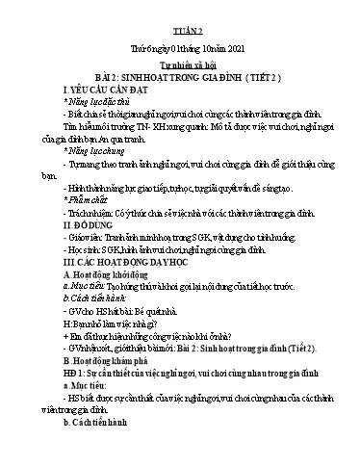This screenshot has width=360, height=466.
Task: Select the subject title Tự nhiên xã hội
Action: click(x=180, y=71)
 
